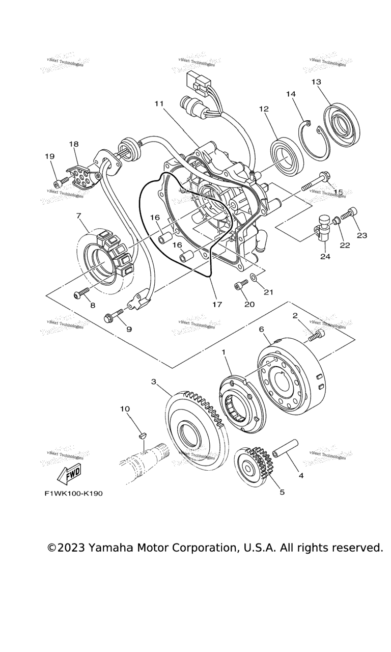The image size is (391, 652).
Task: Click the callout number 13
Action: pyautogui.click(x=316, y=82)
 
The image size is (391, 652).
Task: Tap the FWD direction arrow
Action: pyautogui.click(x=69, y=474)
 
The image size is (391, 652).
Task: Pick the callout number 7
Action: pyautogui.click(x=78, y=215)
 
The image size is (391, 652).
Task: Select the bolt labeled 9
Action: pyautogui.click(x=113, y=315)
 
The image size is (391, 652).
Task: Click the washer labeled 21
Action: pyautogui.click(x=253, y=279)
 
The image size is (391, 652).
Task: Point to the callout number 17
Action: pyautogui.click(x=217, y=305)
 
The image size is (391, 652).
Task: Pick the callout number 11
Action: pyautogui.click(x=159, y=103)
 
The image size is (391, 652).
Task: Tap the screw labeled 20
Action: pyautogui.click(x=239, y=286)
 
